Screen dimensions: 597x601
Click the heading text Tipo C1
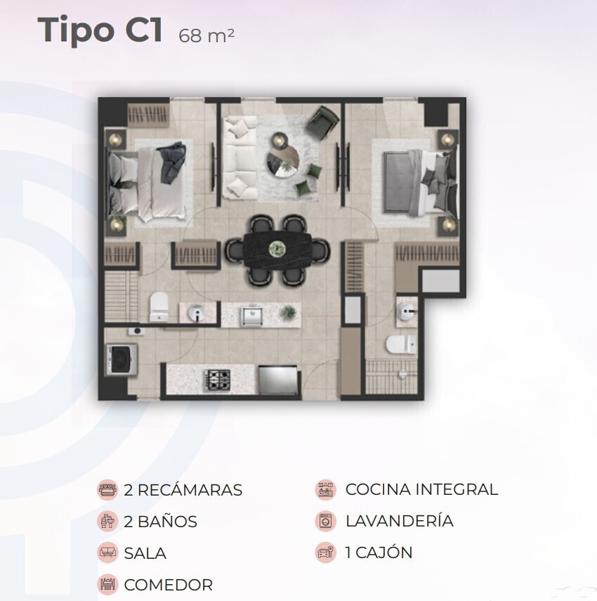tap(100, 30)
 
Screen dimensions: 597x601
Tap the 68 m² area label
tap(206, 36)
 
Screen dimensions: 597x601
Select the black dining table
tap(278, 250)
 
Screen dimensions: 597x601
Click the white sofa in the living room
tap(240, 158)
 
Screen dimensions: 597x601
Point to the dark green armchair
tap(322, 122)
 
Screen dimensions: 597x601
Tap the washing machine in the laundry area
tap(122, 359)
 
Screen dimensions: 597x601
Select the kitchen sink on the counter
tap(251, 315)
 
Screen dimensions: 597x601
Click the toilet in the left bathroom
tap(158, 306)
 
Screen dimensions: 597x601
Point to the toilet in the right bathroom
tap(401, 344)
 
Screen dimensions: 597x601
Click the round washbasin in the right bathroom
tap(406, 311)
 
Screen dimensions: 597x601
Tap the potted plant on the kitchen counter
tap(289, 312)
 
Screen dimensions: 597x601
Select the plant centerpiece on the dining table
tap(277, 249)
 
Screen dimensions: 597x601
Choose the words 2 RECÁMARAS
tap(183, 490)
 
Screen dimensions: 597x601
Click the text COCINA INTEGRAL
tap(421, 489)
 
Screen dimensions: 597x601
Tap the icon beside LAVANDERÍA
tap(325, 522)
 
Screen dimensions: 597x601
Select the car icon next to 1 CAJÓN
tap(325, 552)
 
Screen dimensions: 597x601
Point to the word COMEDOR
tap(168, 585)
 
